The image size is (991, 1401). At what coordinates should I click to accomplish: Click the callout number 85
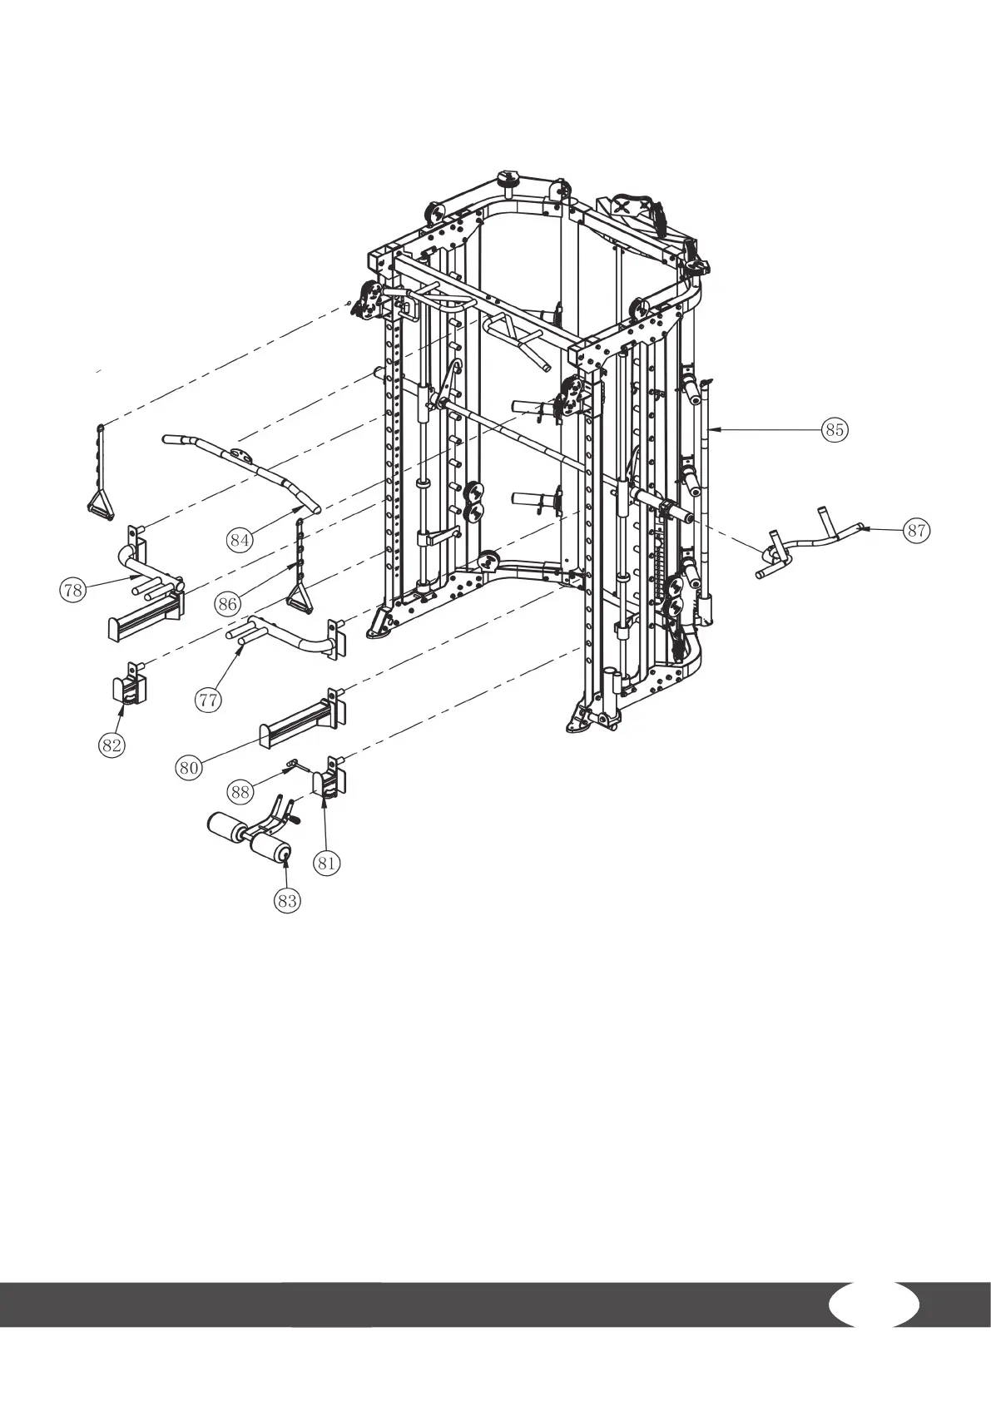(x=835, y=429)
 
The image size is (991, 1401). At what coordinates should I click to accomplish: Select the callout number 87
(x=916, y=532)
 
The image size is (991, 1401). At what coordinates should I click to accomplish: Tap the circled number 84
(x=240, y=540)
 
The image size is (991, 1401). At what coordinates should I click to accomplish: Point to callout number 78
(x=73, y=590)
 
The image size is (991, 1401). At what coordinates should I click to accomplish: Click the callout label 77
(x=209, y=700)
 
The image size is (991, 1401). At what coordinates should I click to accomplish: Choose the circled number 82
(x=111, y=745)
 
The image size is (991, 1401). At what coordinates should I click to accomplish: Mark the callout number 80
(x=189, y=767)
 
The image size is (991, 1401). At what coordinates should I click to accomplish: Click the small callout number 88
(x=240, y=792)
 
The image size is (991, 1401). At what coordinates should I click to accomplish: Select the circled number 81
(x=327, y=863)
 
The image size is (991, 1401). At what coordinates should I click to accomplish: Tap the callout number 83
(x=287, y=900)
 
